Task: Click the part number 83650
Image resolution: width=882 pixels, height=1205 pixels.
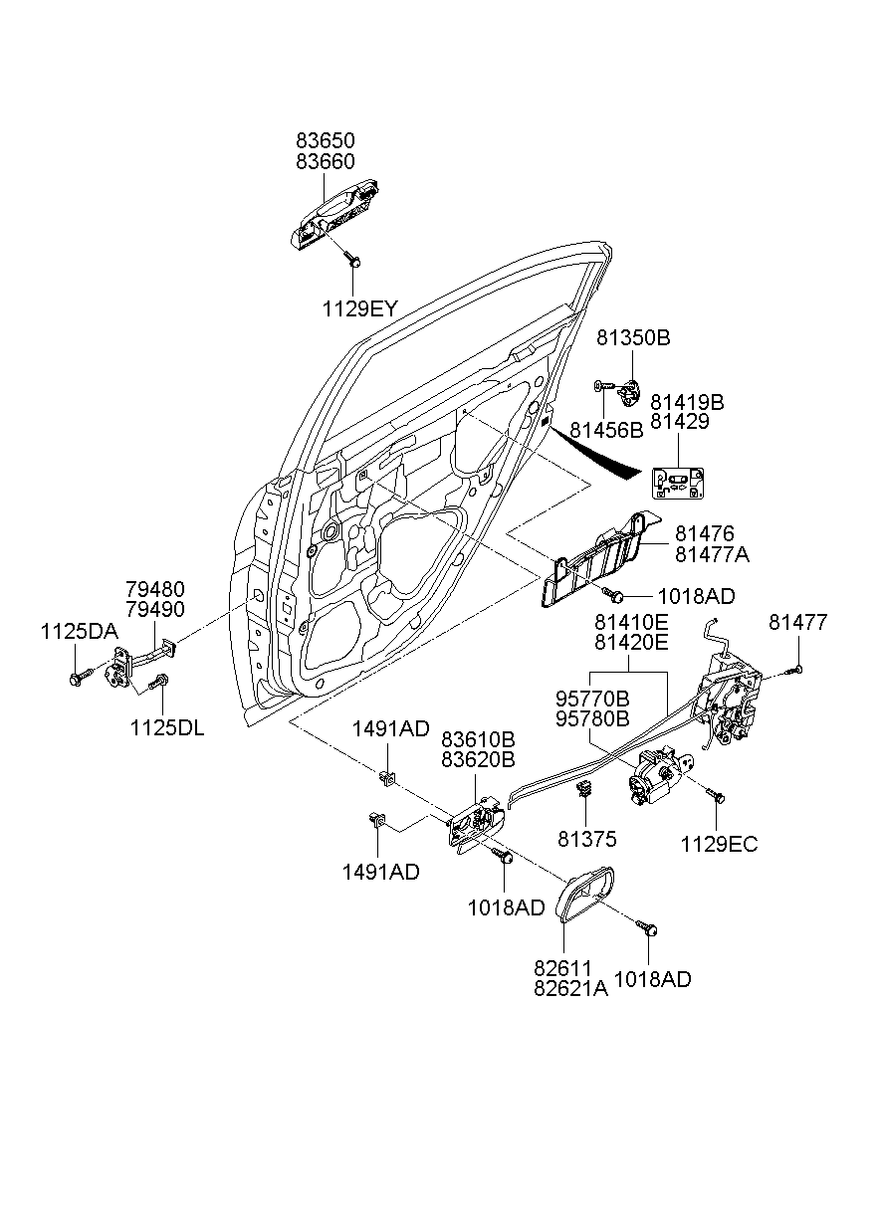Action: pyautogui.click(x=325, y=141)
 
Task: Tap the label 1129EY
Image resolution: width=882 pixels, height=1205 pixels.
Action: pyautogui.click(x=358, y=309)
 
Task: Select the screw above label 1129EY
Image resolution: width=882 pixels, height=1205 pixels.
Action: pyautogui.click(x=353, y=260)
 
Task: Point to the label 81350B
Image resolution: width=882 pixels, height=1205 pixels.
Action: pyautogui.click(x=633, y=338)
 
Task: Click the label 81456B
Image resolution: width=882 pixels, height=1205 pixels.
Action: pyautogui.click(x=606, y=430)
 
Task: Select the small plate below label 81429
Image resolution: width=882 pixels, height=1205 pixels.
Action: pyautogui.click(x=678, y=483)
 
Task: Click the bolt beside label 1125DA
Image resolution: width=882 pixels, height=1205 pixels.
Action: pyautogui.click(x=77, y=678)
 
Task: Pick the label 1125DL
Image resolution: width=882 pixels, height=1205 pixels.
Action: pyautogui.click(x=166, y=727)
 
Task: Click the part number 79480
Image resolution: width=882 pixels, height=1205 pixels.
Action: pyautogui.click(x=154, y=589)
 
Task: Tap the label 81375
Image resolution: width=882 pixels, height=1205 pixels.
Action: pyautogui.click(x=586, y=840)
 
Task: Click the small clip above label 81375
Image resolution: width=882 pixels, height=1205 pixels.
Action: pyautogui.click(x=585, y=791)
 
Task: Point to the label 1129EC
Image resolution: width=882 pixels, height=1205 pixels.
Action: pyautogui.click(x=719, y=845)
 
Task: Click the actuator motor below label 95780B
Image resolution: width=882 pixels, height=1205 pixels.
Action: pyautogui.click(x=653, y=776)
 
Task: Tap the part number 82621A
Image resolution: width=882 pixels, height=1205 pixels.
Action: pyautogui.click(x=570, y=988)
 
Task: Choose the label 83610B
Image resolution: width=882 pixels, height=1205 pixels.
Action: pyautogui.click(x=478, y=740)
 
